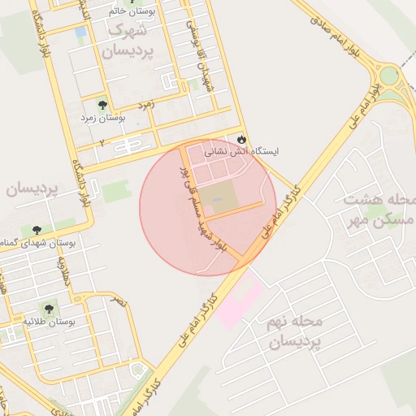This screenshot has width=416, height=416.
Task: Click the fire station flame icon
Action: pyautogui.click(x=240, y=139)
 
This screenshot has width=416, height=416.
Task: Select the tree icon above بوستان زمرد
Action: pyautogui.click(x=102, y=105)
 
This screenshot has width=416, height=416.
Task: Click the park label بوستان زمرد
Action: pyautogui.click(x=102, y=119)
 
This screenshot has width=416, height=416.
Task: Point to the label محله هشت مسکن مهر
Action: pyautogui.click(x=379, y=210)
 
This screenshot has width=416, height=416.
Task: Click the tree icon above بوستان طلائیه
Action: pyautogui.click(x=50, y=310)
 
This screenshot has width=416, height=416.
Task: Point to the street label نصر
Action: pyautogui.click(x=120, y=301)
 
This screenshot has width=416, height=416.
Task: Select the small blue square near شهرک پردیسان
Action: pyautogui.click(x=80, y=32)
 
